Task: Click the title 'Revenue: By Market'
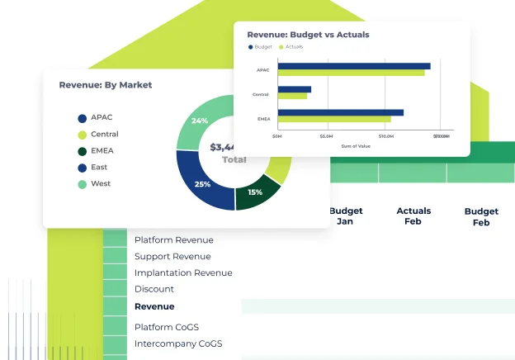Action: pyautogui.click(x=105, y=85)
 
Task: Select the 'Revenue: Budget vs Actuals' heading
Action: pyautogui.click(x=308, y=35)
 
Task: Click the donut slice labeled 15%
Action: pyautogui.click(x=255, y=192)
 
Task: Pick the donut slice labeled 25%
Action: pyautogui.click(x=202, y=184)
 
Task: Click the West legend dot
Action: pyautogui.click(x=82, y=184)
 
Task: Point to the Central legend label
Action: pyautogui.click(x=105, y=134)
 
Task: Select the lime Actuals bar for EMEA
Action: pyautogui.click(x=334, y=119)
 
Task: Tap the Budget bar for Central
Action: pyautogui.click(x=294, y=89)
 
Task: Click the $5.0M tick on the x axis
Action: pyautogui.click(x=326, y=136)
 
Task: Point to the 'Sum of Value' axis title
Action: pyautogui.click(x=356, y=145)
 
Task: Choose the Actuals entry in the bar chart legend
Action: pyautogui.click(x=291, y=47)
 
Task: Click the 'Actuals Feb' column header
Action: pyautogui.click(x=413, y=216)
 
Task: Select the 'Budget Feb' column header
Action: pyautogui.click(x=481, y=217)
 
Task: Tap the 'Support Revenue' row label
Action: pyautogui.click(x=173, y=256)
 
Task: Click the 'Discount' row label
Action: pyautogui.click(x=154, y=289)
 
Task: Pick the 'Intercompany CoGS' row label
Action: pyautogui.click(x=178, y=343)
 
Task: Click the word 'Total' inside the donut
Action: pyautogui.click(x=234, y=159)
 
